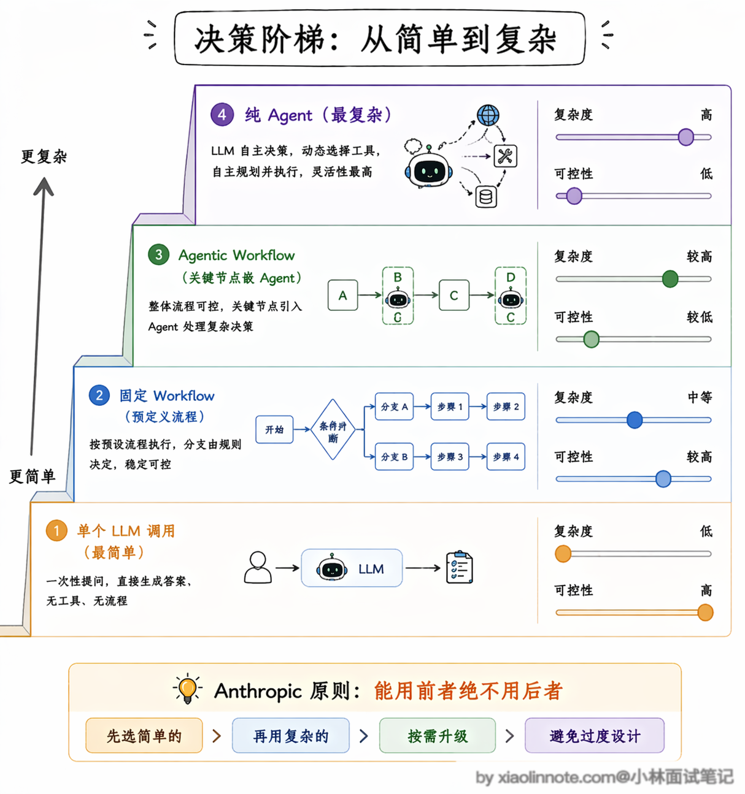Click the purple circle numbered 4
tap(222, 115)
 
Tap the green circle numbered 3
tap(158, 254)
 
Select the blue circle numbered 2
tap(99, 395)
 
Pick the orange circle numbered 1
tap(56, 530)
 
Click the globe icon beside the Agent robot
tap(488, 115)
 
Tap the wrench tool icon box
tap(505, 156)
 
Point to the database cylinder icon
tap(486, 197)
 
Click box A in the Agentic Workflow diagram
tap(342, 296)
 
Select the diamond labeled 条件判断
tap(333, 429)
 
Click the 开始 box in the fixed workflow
tap(274, 429)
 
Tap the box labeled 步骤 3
tap(450, 456)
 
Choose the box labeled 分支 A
tap(394, 406)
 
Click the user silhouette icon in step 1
tap(258, 567)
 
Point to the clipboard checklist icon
tap(460, 567)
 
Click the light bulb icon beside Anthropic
tap(187, 689)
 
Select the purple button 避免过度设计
tap(595, 735)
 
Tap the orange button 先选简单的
tap(144, 735)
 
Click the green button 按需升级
tap(437, 735)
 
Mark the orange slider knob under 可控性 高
tap(705, 613)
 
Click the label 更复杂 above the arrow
tap(44, 156)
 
